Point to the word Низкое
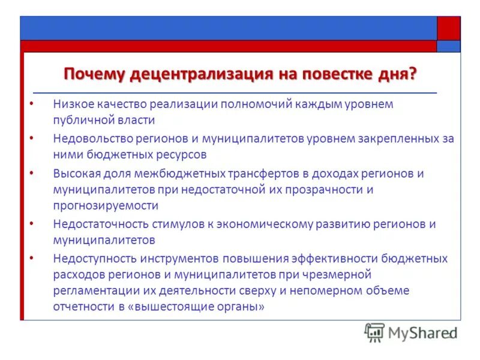[x=71, y=104]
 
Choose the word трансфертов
[x=260, y=174]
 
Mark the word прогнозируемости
[x=105, y=205]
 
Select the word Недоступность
[x=91, y=259]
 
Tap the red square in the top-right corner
[x=448, y=28]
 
